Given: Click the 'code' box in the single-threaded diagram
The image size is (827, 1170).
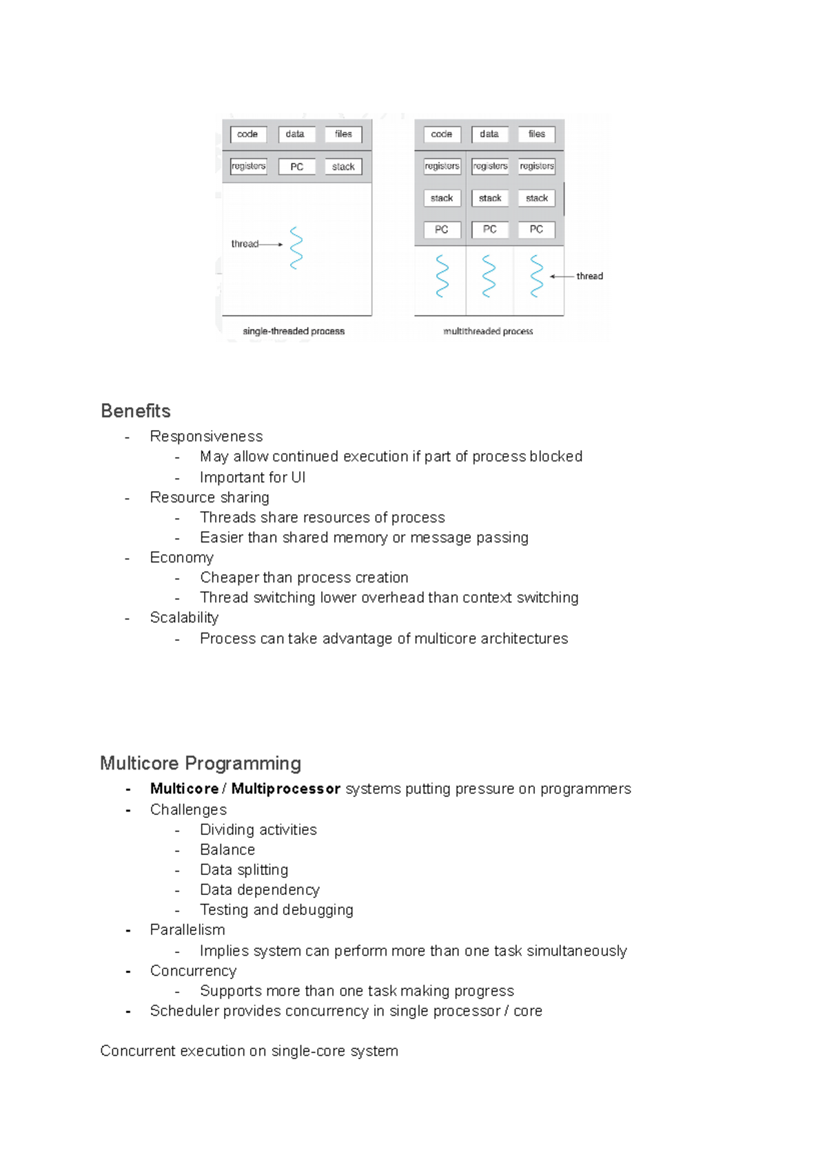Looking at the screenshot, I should pyautogui.click(x=247, y=134).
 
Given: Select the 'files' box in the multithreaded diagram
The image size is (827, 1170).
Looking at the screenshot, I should pyautogui.click(x=536, y=134).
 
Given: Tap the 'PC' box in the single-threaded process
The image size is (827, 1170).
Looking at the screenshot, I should pyautogui.click(x=296, y=167).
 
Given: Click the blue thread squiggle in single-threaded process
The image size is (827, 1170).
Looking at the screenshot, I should pyautogui.click(x=296, y=248).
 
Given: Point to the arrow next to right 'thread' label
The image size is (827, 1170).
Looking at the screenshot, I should pyautogui.click(x=562, y=276).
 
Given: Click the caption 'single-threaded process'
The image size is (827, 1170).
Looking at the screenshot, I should pyautogui.click(x=294, y=331).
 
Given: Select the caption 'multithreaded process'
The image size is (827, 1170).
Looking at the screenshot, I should pyautogui.click(x=488, y=331).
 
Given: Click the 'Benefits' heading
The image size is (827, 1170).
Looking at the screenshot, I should pyautogui.click(x=136, y=411).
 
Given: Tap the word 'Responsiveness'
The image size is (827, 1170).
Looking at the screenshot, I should pyautogui.click(x=206, y=437).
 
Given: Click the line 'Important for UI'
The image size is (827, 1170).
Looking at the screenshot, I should pyautogui.click(x=252, y=478).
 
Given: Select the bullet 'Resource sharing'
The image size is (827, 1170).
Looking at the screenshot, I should pyautogui.click(x=210, y=497).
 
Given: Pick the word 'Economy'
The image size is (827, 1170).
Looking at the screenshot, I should pyautogui.click(x=182, y=557).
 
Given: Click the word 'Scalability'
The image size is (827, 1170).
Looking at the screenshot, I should pyautogui.click(x=184, y=618).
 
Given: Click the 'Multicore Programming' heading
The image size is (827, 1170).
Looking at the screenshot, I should pyautogui.click(x=201, y=763).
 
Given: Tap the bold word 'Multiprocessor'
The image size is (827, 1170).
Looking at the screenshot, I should pyautogui.click(x=286, y=789).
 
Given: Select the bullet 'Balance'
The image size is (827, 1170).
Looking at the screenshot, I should pyautogui.click(x=227, y=850).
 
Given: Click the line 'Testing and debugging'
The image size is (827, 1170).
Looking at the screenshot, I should pyautogui.click(x=276, y=910).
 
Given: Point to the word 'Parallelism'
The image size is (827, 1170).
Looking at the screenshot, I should pyautogui.click(x=187, y=930).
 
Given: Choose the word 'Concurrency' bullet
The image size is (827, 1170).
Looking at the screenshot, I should pyautogui.click(x=193, y=971).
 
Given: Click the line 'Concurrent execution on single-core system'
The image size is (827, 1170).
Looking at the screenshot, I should pyautogui.click(x=249, y=1051).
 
